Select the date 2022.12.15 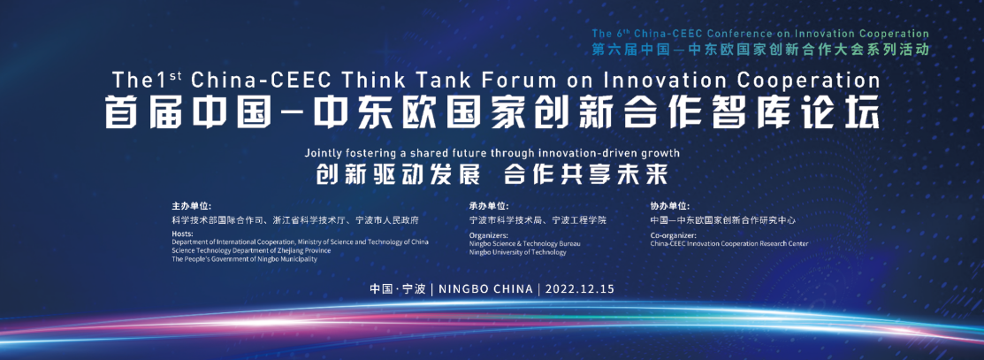(579, 289)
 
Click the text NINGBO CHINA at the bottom (485, 289)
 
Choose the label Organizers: (489, 235)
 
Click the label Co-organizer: (674, 235)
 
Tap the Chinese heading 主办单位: (191, 206)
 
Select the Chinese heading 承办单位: (489, 206)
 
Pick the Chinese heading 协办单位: (670, 206)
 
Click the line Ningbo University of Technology (518, 252)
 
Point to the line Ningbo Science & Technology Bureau (525, 244)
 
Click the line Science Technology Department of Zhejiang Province (251, 250)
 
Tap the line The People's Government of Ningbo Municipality (245, 259)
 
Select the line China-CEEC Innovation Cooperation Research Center (729, 244)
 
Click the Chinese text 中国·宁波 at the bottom (398, 289)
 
